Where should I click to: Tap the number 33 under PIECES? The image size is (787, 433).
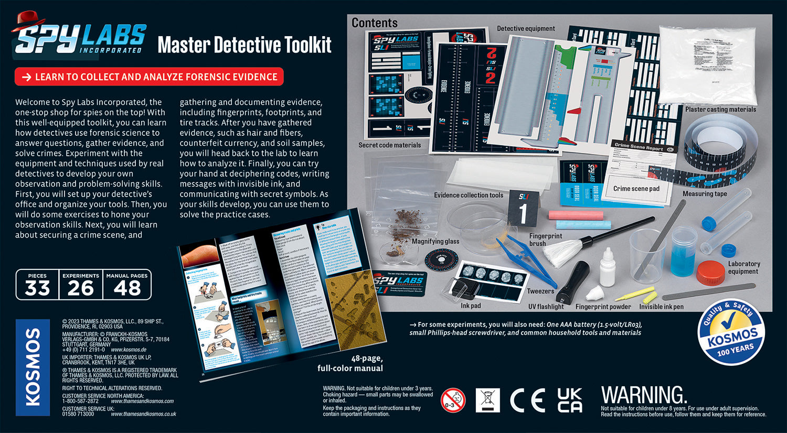click(37, 288)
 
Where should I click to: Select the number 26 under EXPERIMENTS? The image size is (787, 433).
click(80, 288)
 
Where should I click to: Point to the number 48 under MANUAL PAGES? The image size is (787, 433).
click(127, 288)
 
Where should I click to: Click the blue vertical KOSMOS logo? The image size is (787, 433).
click(33, 367)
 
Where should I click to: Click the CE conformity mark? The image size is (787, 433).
click(527, 400)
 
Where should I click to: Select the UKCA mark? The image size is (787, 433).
click(569, 400)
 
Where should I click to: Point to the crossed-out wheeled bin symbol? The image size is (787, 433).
click(487, 400)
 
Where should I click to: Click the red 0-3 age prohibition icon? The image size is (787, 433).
click(453, 400)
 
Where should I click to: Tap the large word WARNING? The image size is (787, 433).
click(644, 395)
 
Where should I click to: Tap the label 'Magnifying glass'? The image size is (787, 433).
click(435, 241)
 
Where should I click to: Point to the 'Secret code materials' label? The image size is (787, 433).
click(389, 145)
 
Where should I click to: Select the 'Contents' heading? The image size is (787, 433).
click(374, 23)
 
